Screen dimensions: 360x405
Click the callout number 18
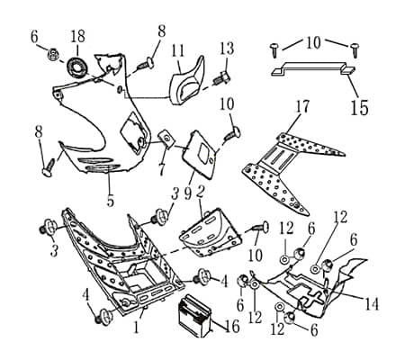[x=78, y=36]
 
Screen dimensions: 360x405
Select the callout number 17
[x=303, y=107]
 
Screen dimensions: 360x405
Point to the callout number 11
[x=178, y=49]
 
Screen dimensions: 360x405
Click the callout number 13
[x=227, y=48]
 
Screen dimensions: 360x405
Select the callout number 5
[x=110, y=201]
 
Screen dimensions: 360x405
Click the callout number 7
[x=162, y=167]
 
